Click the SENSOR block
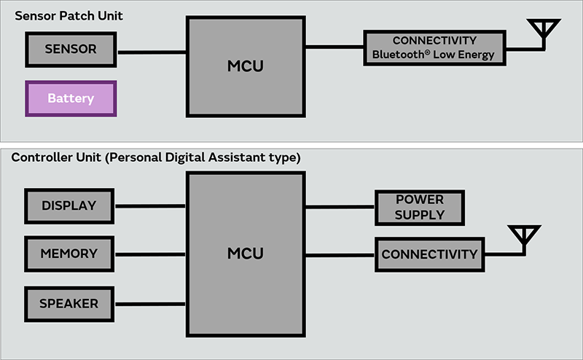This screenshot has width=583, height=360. [x=71, y=50]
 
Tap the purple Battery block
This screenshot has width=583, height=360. [x=71, y=98]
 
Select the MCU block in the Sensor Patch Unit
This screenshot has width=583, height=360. [x=245, y=66]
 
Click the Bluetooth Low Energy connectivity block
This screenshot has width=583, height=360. [x=434, y=48]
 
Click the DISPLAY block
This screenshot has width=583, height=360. [x=69, y=206]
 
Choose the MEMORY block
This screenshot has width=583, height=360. [x=69, y=254]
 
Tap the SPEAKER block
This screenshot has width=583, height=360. [x=69, y=302]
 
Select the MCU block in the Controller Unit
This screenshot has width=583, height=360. [x=245, y=254]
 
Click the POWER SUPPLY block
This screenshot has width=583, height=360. [x=419, y=208]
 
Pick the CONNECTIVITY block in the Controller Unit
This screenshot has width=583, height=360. [x=429, y=254]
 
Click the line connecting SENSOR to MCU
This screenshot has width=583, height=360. [x=152, y=52]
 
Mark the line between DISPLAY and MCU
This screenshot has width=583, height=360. [x=151, y=206]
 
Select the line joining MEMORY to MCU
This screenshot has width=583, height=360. [x=151, y=254]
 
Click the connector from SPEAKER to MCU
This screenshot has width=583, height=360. [x=151, y=303]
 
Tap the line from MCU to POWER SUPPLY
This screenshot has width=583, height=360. [x=339, y=207]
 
